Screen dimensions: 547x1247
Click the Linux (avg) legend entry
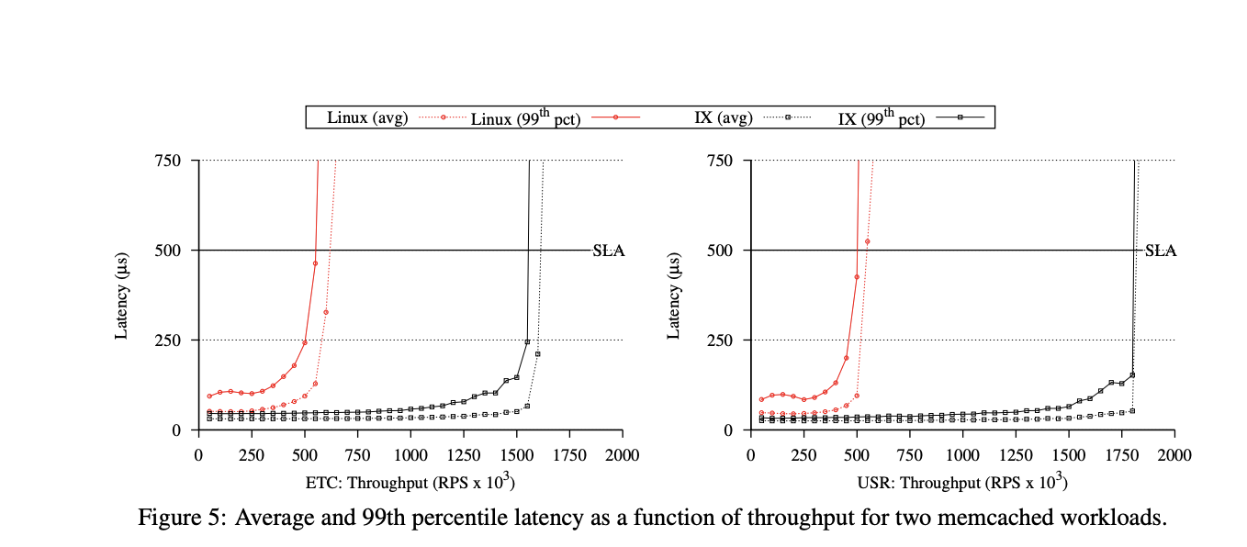tap(367, 117)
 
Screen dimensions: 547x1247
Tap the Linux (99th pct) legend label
tap(526, 117)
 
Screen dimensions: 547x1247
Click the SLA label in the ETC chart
tap(609, 251)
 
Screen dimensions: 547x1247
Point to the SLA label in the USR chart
tap(1160, 251)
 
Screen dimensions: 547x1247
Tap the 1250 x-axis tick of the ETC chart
tap(464, 455)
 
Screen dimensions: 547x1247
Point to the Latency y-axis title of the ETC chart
tap(122, 296)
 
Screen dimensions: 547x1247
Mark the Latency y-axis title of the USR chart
tap(674, 296)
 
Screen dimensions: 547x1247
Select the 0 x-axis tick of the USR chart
tap(751, 455)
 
